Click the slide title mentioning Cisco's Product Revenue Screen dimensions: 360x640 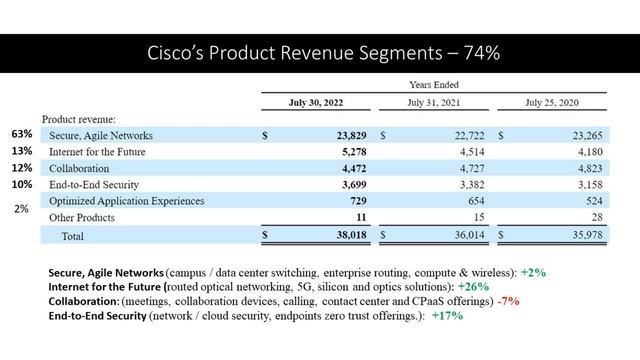(319, 53)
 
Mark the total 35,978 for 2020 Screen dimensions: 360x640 (583, 236)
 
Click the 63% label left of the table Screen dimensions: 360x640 (22, 133)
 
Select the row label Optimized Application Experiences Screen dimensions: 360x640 (122, 201)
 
